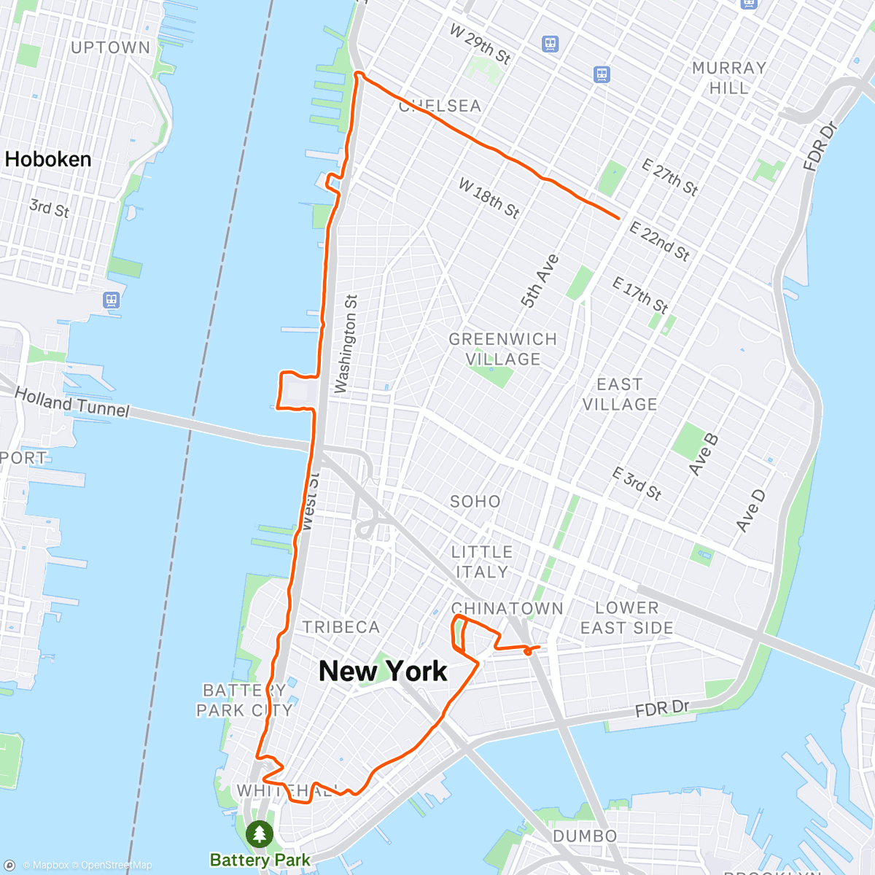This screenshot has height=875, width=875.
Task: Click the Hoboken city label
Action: [x=48, y=160]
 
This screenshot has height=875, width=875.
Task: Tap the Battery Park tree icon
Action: [x=260, y=833]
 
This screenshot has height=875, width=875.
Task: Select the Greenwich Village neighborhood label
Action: [x=503, y=349]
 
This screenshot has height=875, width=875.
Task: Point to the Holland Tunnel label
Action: [x=71, y=402]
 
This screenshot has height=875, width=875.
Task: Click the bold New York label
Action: [x=384, y=672]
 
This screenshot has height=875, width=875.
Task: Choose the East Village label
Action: [x=619, y=394]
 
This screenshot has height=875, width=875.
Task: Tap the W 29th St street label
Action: [x=480, y=44]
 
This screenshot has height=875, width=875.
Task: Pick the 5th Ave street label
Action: [x=540, y=281]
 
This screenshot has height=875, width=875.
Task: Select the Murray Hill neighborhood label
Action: [x=728, y=78]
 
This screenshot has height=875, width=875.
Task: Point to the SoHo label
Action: [x=475, y=502]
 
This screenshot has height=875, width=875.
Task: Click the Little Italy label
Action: [x=482, y=562]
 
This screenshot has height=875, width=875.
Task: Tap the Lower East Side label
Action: [x=626, y=618]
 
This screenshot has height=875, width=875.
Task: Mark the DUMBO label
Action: [x=585, y=836]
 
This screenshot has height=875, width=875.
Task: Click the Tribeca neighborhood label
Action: [x=341, y=627]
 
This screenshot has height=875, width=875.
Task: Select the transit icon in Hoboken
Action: [x=112, y=300]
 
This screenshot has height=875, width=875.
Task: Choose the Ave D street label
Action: [x=751, y=510]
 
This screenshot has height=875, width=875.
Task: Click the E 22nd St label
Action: [x=659, y=241]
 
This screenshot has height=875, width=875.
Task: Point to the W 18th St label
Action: [x=489, y=198]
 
